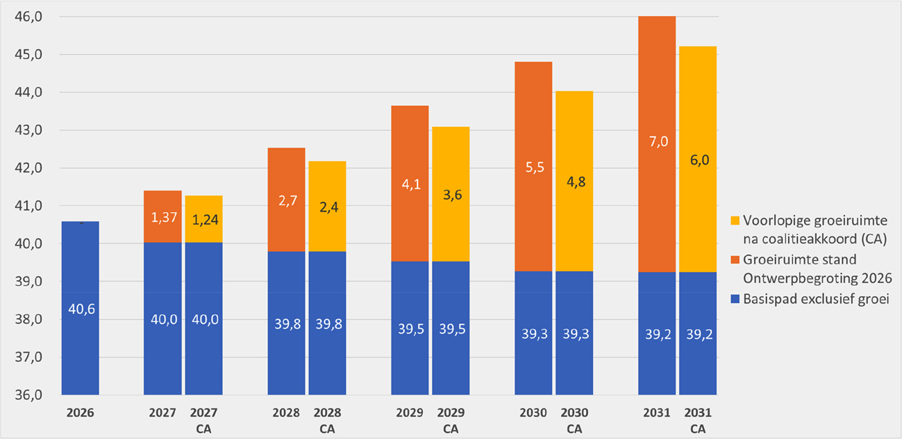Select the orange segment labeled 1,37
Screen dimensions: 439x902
tap(162, 216)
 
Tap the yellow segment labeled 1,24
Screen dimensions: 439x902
tap(203, 219)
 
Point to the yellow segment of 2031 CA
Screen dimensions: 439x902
tap(698, 159)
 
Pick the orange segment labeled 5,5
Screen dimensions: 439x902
tap(533, 166)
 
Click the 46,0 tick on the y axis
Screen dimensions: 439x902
tap(29, 17)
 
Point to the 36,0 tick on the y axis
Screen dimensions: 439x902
tap(29, 395)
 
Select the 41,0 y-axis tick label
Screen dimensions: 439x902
tap(29, 206)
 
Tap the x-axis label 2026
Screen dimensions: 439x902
tap(81, 413)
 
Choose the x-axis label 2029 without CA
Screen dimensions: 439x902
tap(410, 413)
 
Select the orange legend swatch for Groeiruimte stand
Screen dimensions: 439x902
tap(734, 259)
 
